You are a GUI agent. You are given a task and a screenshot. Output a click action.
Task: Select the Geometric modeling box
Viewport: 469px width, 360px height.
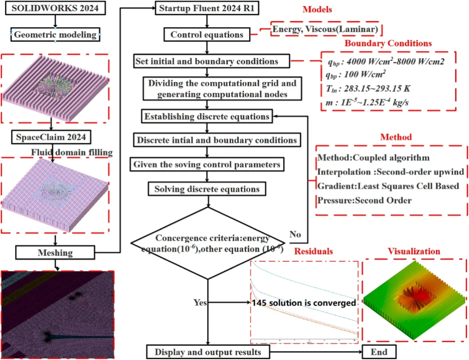point(55,35)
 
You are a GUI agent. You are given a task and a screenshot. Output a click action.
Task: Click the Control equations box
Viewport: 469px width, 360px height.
point(207,35)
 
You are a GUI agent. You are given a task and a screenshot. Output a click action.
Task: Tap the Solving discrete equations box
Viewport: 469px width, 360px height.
point(207,189)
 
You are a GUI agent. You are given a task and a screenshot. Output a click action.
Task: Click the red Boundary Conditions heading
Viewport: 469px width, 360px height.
point(388,43)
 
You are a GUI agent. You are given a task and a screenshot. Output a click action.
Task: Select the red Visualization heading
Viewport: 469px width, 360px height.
point(414,251)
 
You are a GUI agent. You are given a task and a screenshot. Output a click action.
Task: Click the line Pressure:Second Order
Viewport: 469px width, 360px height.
point(364,201)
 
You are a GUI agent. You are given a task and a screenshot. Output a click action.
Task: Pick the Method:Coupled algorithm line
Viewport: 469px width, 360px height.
point(374,158)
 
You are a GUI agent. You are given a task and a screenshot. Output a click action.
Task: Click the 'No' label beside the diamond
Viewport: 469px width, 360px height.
point(295,234)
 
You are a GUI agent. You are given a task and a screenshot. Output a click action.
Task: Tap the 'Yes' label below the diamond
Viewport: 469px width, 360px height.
point(200,302)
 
